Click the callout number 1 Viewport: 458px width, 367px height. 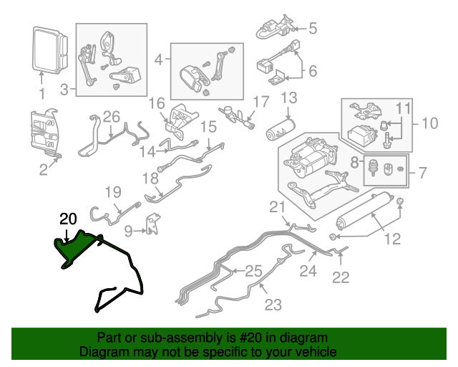pyautogui.click(x=42, y=93)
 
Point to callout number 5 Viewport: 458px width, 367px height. pyautogui.click(x=312, y=29)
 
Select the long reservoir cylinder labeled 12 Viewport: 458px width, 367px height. pyautogui.click(x=365, y=211)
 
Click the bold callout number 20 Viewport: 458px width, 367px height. pyautogui.click(x=67, y=219)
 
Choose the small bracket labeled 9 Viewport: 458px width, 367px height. pyautogui.click(x=152, y=224)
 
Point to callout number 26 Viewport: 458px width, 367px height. pyautogui.click(x=111, y=116)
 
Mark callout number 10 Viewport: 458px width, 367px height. pyautogui.click(x=428, y=123)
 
